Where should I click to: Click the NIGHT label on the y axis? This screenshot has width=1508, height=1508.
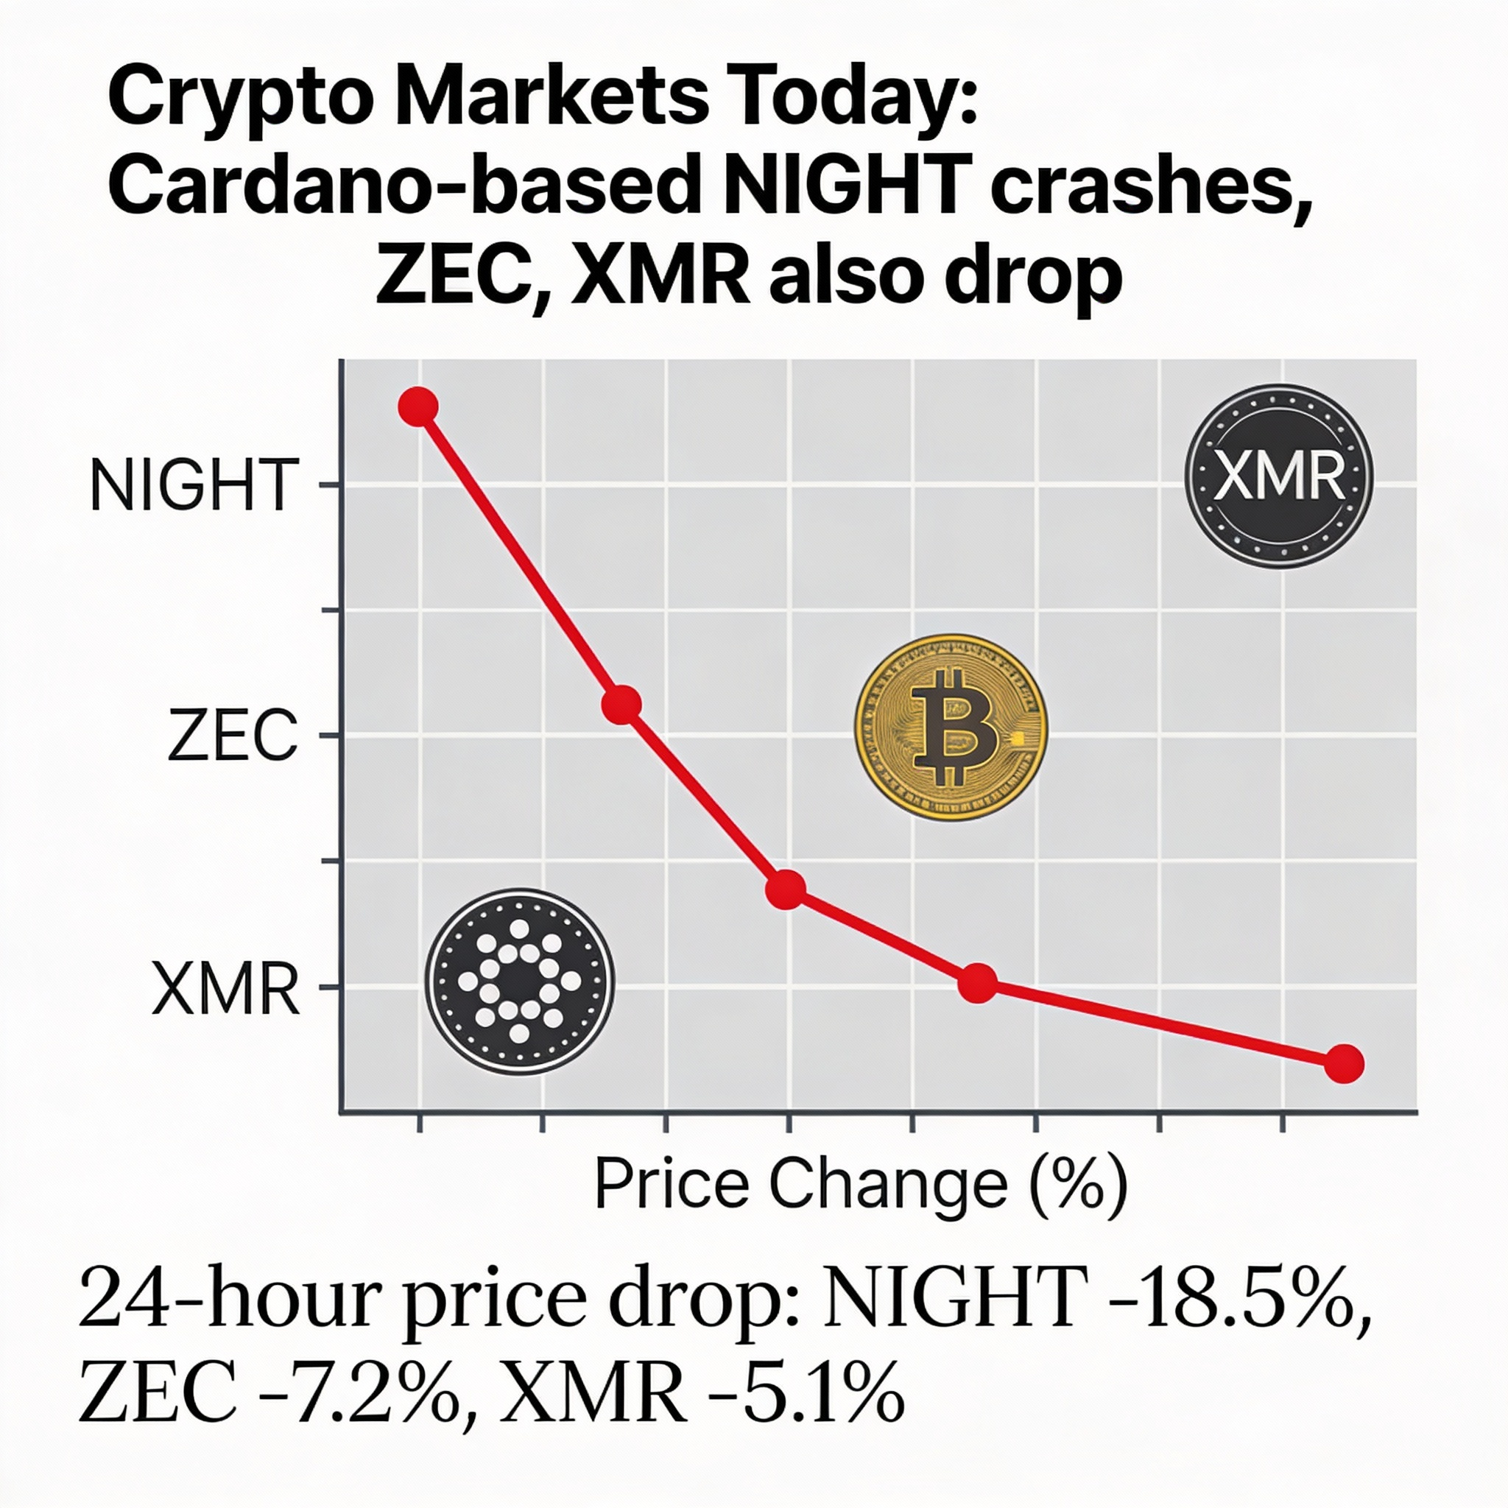(x=194, y=485)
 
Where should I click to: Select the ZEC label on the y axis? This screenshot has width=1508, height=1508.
(x=232, y=736)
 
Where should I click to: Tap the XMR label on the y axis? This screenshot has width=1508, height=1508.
(x=225, y=989)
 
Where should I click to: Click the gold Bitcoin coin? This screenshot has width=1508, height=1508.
(x=951, y=727)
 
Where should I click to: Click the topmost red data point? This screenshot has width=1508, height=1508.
(x=417, y=406)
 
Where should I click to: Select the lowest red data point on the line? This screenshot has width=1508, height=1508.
(x=1344, y=1064)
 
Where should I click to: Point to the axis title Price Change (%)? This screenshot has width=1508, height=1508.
(x=861, y=1185)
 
